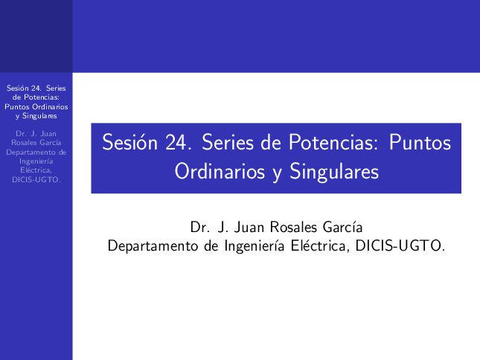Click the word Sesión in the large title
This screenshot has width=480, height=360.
[129, 142]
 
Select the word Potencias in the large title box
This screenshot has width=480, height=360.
[331, 142]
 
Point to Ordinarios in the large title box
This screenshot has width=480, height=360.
[220, 171]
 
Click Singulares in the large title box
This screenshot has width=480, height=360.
[334, 172]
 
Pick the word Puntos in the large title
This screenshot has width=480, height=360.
[420, 142]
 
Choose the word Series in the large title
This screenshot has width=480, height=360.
[228, 142]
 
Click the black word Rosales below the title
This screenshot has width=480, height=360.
[293, 228]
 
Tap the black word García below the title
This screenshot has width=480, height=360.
[342, 228]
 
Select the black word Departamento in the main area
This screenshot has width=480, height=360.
[153, 246]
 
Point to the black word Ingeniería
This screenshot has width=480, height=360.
[255, 246]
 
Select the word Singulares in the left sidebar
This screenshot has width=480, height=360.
[39, 116]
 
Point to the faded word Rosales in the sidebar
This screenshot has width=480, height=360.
[22, 143]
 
